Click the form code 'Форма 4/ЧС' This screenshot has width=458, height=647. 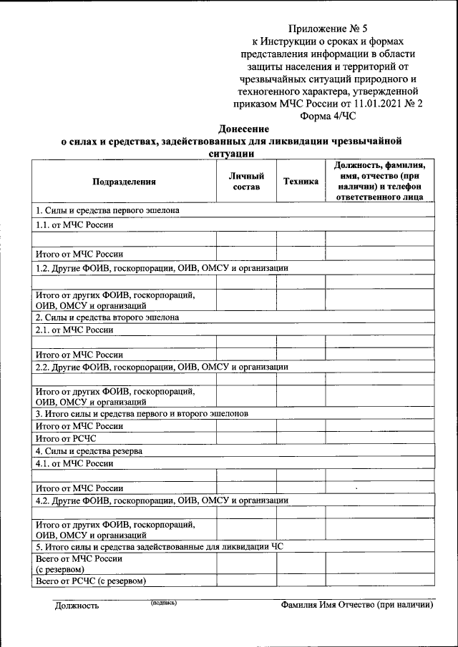[328, 115]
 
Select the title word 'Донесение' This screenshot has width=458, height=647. [243, 129]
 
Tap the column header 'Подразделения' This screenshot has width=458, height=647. [124, 182]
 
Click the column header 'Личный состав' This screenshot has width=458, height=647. [247, 182]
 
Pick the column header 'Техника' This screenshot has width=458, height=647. [301, 182]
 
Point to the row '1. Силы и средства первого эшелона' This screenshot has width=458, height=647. [107, 211]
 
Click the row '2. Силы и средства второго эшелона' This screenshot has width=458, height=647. [107, 317]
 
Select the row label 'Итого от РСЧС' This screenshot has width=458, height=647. [66, 438]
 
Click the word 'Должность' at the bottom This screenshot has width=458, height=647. [77, 606]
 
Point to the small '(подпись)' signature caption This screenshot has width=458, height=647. [163, 603]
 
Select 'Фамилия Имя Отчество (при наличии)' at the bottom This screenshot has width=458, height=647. [357, 606]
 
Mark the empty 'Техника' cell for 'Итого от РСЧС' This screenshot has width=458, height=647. [301, 438]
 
